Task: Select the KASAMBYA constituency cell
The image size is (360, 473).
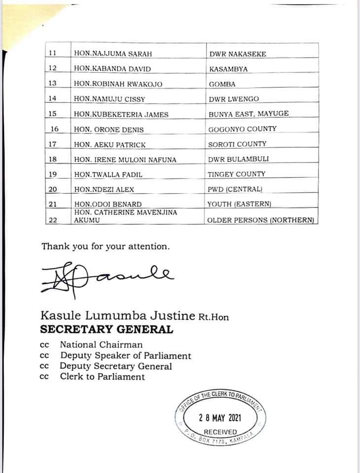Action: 228,69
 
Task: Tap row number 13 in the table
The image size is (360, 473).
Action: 53,84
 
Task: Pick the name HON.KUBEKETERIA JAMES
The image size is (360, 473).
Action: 121,114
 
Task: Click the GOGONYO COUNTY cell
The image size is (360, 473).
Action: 242,129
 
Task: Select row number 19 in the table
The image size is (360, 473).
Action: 53,174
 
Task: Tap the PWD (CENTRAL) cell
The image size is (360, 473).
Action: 235,189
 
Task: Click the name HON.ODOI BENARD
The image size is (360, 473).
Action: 108,204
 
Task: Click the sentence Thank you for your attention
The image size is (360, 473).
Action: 106,246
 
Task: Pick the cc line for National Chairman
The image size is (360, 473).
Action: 101,345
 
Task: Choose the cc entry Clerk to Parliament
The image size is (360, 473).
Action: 102,377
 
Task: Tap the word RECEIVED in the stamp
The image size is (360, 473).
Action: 220,432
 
